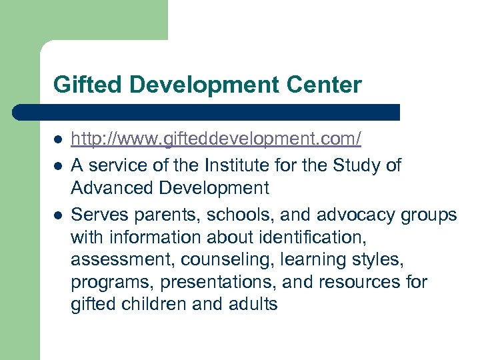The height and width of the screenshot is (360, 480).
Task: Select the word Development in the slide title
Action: (x=183, y=85)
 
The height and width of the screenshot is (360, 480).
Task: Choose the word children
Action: (x=154, y=305)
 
